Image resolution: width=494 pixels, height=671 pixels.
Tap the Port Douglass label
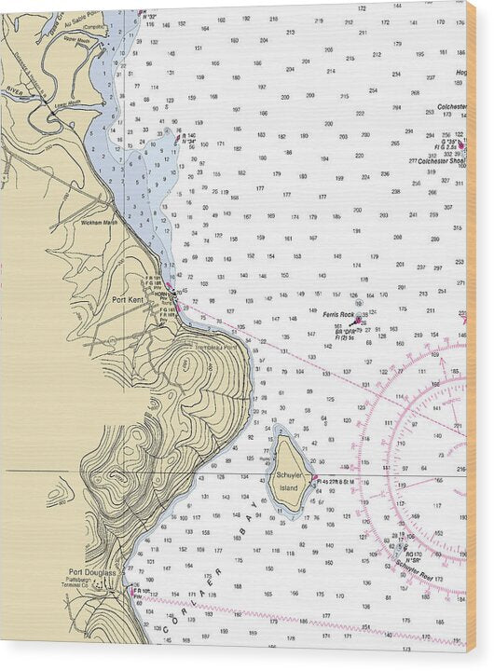pyautogui.click(x=92, y=572)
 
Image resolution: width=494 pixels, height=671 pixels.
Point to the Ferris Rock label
pyautogui.click(x=339, y=315)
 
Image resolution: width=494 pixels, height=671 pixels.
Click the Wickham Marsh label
pyautogui.click(x=100, y=223)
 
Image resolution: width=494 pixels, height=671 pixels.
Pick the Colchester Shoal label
pyautogui.click(x=441, y=160)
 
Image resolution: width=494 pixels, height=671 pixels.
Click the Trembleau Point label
pyautogui.click(x=214, y=347)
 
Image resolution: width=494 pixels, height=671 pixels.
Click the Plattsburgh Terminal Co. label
pyautogui.click(x=92, y=584)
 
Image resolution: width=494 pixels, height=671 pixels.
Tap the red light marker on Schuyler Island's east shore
pyautogui.click(x=316, y=480)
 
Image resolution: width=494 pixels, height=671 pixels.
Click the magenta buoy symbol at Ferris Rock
pyautogui.click(x=358, y=321)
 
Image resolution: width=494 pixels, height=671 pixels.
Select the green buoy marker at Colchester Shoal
pyautogui.click(x=460, y=144)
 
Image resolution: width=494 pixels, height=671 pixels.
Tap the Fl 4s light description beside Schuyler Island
pyautogui.click(x=340, y=480)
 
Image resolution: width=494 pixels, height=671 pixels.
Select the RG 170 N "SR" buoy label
pyautogui.click(x=411, y=556)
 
